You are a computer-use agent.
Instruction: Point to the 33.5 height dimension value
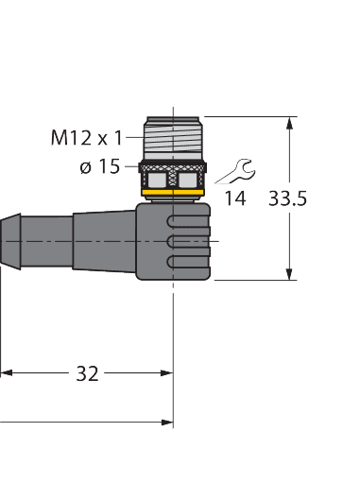[288, 198]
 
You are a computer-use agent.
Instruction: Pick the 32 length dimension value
[87, 373]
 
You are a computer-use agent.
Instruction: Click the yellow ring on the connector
[172, 195]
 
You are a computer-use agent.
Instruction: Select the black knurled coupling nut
[172, 176]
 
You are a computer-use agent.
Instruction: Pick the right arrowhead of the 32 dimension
[167, 373]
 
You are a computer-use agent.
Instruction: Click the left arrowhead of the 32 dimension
[6, 373]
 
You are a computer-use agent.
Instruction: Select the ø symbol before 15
[86, 167]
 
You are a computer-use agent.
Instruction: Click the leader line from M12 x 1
[130, 138]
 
